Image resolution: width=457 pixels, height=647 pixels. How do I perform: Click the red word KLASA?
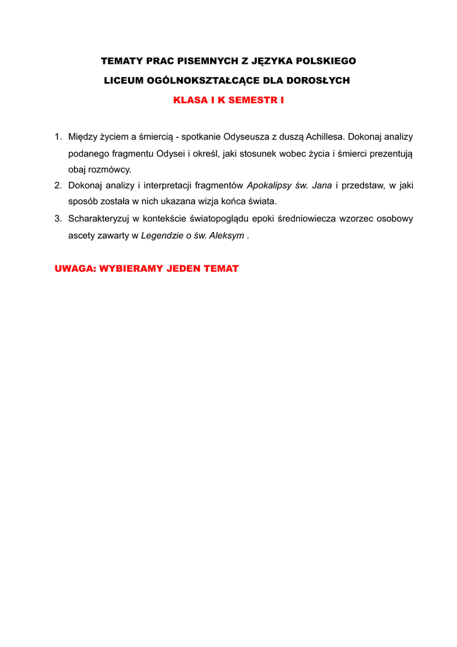point(189,100)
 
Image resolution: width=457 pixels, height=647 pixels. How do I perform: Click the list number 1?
point(57,136)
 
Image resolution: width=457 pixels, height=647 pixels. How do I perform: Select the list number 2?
point(57,185)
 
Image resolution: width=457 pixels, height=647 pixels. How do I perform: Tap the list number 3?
point(57,219)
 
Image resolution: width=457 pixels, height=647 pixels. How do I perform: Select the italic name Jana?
point(322,185)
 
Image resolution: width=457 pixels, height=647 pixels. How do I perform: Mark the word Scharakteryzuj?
point(98,219)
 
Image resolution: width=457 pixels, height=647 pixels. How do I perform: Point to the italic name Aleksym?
point(230,236)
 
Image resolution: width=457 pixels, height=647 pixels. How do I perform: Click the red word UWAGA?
point(75,269)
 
